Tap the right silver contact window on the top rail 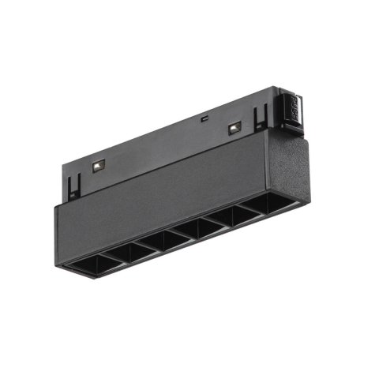click(x=234, y=127)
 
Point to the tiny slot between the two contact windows click(x=204, y=118)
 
